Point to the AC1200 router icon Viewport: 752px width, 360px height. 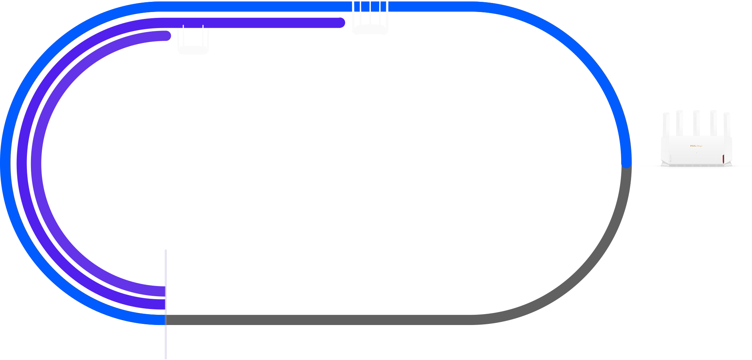click(193, 41)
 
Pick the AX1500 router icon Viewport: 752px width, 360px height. click(370, 18)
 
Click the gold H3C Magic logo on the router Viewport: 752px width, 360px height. click(696, 146)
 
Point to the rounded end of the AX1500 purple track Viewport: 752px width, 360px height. click(340, 23)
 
